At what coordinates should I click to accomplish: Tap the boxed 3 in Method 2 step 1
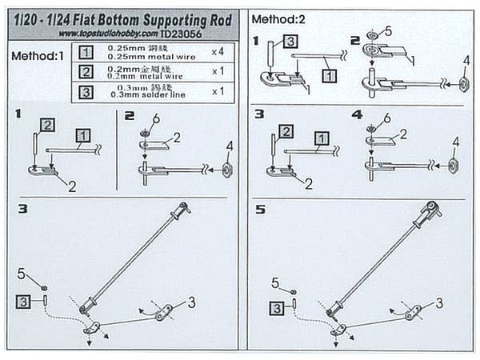pyautogui.click(x=290, y=42)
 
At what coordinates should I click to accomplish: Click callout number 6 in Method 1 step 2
pyautogui.click(x=158, y=118)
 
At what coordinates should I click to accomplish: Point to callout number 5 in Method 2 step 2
pyautogui.click(x=387, y=31)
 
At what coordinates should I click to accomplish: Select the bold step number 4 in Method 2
pyautogui.click(x=357, y=114)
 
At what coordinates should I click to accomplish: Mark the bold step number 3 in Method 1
pyautogui.click(x=22, y=209)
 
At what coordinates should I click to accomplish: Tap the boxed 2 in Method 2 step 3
pyautogui.click(x=286, y=131)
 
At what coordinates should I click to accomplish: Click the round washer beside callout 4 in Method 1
pyautogui.click(x=227, y=170)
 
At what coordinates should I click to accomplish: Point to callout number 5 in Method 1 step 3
pyautogui.click(x=21, y=274)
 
